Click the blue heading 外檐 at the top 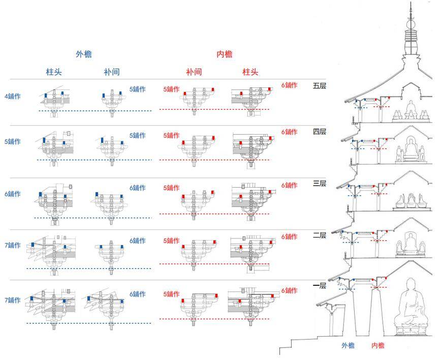[84, 54]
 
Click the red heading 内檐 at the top [225, 54]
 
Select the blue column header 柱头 [54, 72]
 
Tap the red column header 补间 [194, 72]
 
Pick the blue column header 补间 [112, 72]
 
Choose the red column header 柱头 [250, 72]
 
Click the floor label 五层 [320, 85]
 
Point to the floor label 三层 [320, 184]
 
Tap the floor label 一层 [320, 286]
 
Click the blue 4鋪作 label [13, 96]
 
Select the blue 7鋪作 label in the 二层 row [13, 245]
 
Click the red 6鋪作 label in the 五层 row [290, 85]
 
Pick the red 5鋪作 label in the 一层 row [171, 294]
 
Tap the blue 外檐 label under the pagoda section [348, 346]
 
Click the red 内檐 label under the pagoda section [378, 346]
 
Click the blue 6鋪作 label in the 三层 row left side [13, 194]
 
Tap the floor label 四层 [320, 132]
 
